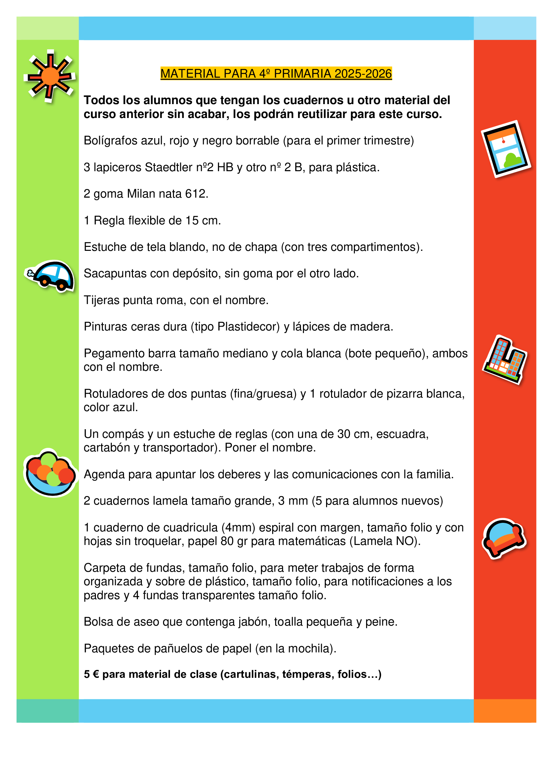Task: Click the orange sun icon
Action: coord(50,76)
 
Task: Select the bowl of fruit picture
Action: coord(51,473)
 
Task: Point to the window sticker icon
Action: coord(505,149)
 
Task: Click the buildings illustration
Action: coord(505,360)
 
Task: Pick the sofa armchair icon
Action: coord(504,538)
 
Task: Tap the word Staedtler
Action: coord(168,167)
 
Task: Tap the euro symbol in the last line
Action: coord(96,675)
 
